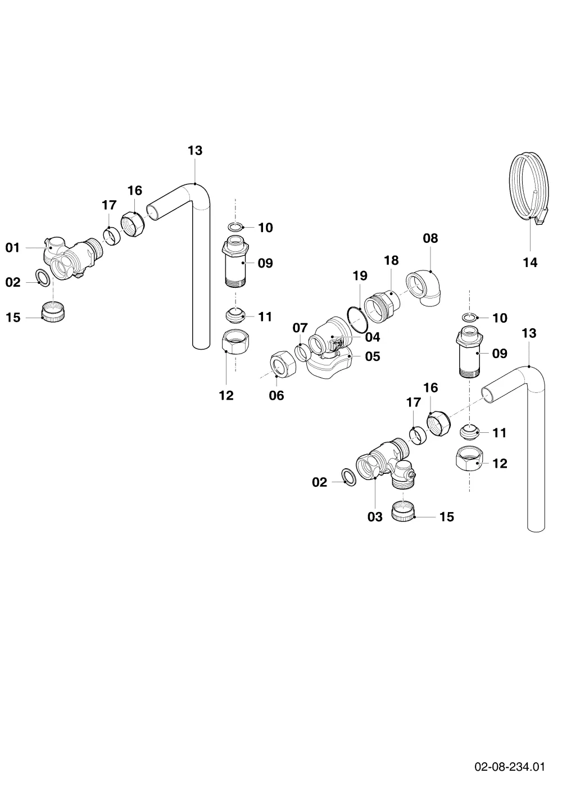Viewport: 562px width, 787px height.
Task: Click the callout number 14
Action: [530, 263]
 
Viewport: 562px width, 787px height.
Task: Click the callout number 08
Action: [430, 238]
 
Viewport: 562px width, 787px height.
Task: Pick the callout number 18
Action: [391, 260]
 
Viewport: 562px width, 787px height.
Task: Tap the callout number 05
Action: [373, 356]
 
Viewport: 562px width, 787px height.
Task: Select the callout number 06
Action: [277, 396]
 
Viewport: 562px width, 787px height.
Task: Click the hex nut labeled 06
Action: [283, 364]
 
